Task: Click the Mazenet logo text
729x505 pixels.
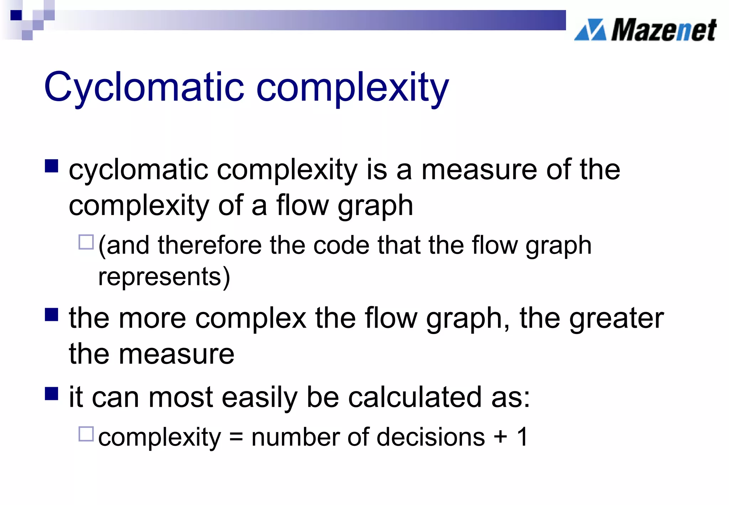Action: (664, 30)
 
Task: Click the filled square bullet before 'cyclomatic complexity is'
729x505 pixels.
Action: (52, 166)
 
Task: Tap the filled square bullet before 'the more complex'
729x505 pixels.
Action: (52, 314)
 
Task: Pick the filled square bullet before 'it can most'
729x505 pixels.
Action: (52, 394)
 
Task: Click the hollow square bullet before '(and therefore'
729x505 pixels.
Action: (86, 242)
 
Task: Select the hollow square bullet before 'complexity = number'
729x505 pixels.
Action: (86, 434)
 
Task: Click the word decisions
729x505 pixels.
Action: (430, 437)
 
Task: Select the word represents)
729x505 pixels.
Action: (164, 277)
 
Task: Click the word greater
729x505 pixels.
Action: (617, 318)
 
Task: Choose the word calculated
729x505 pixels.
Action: (415, 397)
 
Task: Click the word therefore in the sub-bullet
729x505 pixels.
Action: (209, 245)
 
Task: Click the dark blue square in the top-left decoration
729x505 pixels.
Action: (16, 15)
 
